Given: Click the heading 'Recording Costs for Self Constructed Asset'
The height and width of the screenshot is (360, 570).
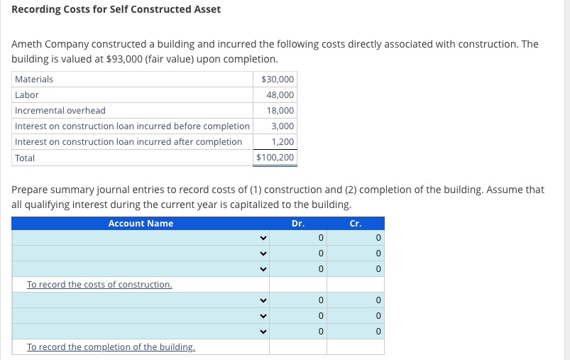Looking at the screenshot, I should [116, 9].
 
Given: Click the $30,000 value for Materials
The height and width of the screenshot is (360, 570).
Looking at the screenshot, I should [278, 79].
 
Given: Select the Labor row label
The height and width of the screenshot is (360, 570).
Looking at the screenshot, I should [27, 94].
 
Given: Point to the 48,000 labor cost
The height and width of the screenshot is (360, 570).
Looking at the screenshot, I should [281, 94].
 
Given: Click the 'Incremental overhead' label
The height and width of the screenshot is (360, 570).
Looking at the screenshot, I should [60, 110].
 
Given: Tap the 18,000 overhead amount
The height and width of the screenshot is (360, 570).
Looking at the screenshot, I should [281, 110].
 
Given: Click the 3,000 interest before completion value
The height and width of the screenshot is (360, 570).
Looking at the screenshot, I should [283, 126].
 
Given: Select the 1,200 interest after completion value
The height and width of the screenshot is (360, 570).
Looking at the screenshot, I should [283, 141].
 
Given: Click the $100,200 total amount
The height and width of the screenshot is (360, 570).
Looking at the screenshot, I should [275, 158].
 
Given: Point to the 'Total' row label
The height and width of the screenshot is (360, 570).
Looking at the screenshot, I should [25, 158].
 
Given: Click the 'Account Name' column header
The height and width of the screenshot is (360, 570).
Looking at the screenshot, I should [141, 223].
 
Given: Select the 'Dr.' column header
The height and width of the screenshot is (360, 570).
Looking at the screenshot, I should [298, 223].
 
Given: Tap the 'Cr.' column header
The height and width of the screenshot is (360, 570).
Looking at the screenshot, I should [356, 223].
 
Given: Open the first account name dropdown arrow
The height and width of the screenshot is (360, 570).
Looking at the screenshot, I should [263, 238].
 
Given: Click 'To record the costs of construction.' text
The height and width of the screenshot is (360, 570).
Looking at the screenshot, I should [99, 285].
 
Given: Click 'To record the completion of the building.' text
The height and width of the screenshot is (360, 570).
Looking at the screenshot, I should [111, 347].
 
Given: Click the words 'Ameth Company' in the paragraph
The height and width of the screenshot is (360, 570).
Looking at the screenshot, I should [50, 44].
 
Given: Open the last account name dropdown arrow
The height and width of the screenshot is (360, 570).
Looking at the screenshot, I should [263, 332].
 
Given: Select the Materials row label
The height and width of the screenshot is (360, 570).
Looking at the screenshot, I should [34, 79].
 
